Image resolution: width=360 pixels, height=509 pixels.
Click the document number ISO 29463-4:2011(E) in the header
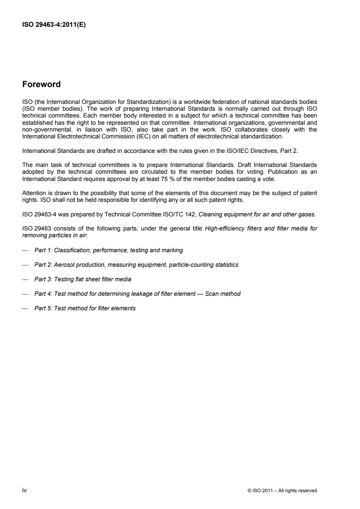(54, 25)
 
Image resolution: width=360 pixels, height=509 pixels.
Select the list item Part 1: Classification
(108, 250)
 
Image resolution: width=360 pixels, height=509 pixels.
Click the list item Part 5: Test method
(85, 308)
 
